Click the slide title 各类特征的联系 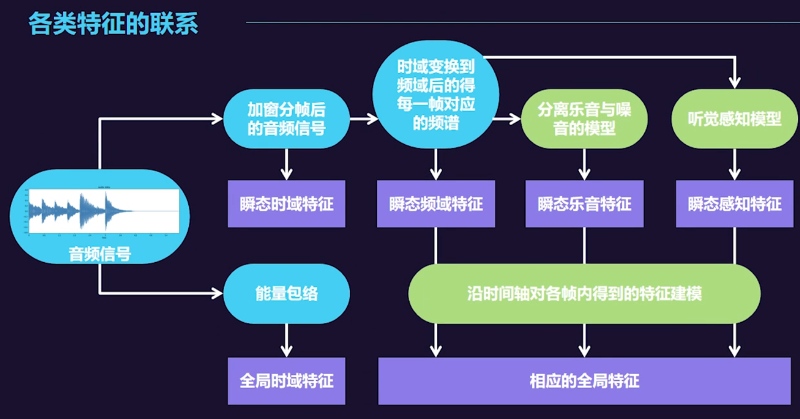[x=113, y=23]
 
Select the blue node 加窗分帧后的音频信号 [x=287, y=118]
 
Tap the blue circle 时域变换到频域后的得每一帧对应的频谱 [x=436, y=95]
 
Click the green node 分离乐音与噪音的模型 [x=584, y=118]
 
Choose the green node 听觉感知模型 [x=734, y=118]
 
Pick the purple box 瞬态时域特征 [x=287, y=204]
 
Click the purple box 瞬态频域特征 [x=436, y=204]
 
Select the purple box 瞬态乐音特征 [x=584, y=204]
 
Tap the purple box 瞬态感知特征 [x=734, y=204]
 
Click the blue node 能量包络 [x=287, y=293]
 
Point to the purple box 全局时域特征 [x=287, y=381]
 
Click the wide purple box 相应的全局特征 [x=584, y=381]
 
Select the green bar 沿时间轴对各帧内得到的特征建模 [x=584, y=293]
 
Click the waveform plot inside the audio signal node [x=104, y=211]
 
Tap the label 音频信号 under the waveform [x=100, y=254]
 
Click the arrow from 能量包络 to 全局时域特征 [x=287, y=341]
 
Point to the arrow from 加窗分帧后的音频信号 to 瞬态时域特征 [x=287, y=164]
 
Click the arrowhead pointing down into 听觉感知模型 [x=735, y=82]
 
